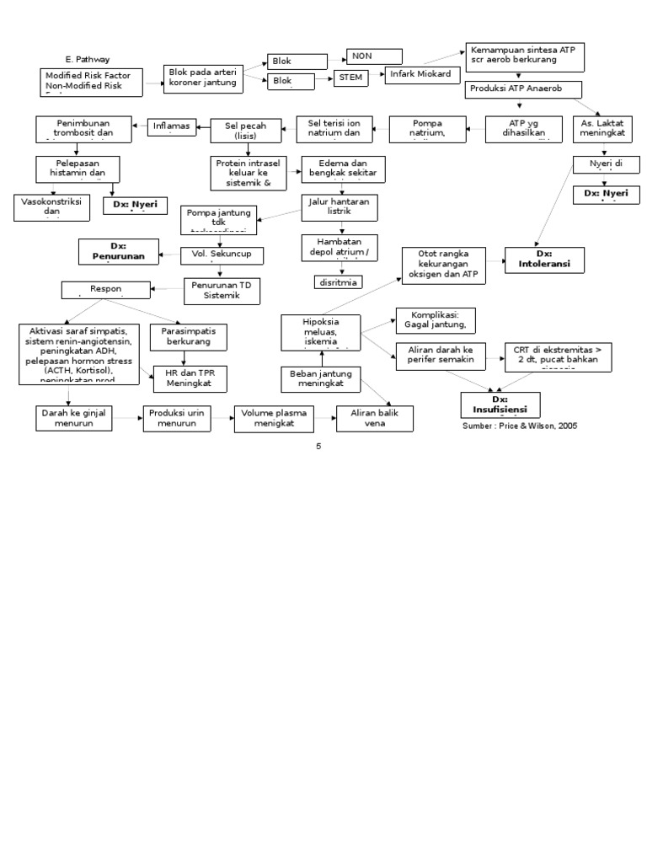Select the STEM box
(x=352, y=78)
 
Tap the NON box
(x=374, y=56)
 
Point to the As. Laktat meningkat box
(x=602, y=128)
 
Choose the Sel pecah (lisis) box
(x=246, y=131)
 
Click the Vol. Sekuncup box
(x=222, y=254)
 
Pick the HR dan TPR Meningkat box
(x=189, y=378)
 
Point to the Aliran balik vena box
(x=375, y=419)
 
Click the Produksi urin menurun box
(x=178, y=419)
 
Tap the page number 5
(x=318, y=447)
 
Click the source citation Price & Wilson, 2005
(x=520, y=426)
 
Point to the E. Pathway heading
(x=88, y=60)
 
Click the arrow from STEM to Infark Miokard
(x=377, y=76)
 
